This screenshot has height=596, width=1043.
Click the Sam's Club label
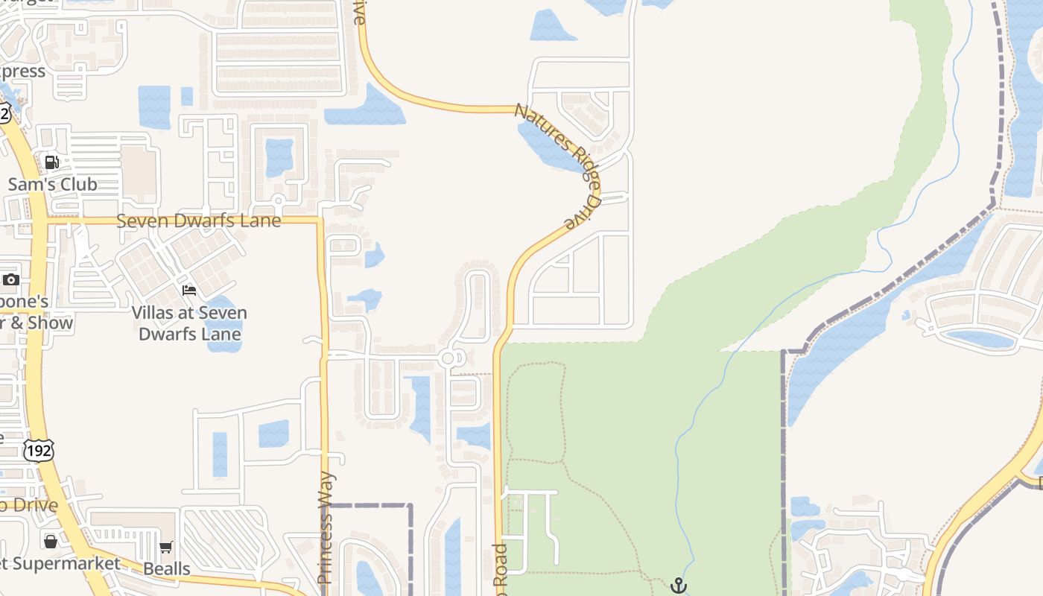pos(52,184)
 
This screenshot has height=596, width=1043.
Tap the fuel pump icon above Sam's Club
pos(51,162)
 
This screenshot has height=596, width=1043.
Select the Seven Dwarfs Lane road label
pos(199,221)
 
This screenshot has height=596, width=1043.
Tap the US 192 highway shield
pos(37,450)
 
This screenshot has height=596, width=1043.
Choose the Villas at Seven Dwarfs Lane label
pos(189,323)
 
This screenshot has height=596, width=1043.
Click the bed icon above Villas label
pos(189,290)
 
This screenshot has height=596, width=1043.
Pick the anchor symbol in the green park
pos(678,586)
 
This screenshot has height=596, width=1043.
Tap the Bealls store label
pos(167,568)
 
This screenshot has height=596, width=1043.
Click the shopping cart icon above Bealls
pos(166,548)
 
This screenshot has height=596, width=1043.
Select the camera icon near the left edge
pos(10,280)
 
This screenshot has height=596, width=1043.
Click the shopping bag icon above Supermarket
pos(51,541)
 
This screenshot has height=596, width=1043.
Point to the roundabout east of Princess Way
pos(448,359)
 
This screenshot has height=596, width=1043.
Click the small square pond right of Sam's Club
pos(186,96)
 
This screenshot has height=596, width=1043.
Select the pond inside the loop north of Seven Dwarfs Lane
pos(279,156)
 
